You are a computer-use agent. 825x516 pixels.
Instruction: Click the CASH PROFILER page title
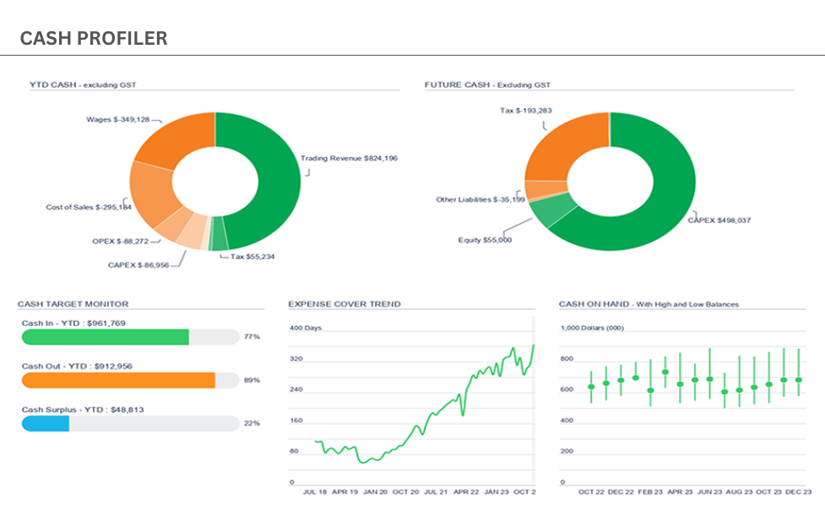[x=94, y=38]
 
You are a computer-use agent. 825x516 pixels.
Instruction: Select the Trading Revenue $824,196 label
[x=349, y=158]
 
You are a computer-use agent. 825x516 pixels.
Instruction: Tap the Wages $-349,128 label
[x=118, y=119]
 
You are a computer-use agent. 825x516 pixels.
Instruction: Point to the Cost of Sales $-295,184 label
[x=89, y=207]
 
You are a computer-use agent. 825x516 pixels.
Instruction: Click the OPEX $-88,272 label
[x=120, y=241]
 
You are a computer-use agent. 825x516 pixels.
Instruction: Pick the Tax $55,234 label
[x=252, y=257]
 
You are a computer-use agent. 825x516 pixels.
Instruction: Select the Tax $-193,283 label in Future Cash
[x=525, y=111]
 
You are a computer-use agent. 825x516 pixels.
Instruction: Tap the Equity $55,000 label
[x=485, y=240]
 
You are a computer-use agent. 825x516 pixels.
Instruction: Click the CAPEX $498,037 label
[x=719, y=220]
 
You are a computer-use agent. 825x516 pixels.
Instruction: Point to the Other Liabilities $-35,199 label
[x=480, y=199]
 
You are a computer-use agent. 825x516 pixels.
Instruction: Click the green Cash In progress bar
[x=106, y=337]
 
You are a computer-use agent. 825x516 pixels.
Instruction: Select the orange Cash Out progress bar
[x=118, y=380]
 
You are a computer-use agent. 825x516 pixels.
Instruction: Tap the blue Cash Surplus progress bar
[x=46, y=423]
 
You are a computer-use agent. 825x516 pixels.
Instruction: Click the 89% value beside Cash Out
[x=252, y=380]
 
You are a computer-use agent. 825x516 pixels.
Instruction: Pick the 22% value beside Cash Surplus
[x=252, y=423]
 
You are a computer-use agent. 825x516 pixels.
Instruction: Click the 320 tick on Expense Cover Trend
[x=296, y=359]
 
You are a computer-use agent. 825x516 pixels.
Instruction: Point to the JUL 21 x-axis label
[x=436, y=492]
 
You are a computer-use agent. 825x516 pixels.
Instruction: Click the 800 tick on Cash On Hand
[x=567, y=359]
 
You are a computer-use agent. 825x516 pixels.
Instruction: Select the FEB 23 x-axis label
[x=650, y=492]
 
